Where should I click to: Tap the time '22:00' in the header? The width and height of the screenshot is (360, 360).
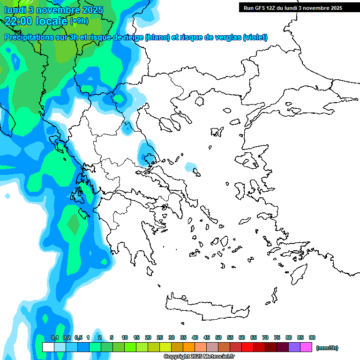tap(20, 21)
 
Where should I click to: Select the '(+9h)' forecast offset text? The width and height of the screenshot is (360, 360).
tap(79, 21)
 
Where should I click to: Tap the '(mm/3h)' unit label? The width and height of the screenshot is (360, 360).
tap(327, 348)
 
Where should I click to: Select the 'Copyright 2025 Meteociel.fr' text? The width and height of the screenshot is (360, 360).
tap(199, 357)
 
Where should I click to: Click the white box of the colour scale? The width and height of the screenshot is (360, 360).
tap(48, 347)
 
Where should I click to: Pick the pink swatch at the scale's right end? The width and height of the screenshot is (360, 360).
tap(306, 347)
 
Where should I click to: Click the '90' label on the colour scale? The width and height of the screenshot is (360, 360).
tap(312, 337)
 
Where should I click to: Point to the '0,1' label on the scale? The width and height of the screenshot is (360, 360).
tap(54, 337)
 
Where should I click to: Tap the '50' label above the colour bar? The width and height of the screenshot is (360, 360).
tap(218, 337)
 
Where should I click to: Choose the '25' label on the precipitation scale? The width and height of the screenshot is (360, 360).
tap(160, 337)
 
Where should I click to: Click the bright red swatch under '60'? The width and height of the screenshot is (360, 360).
tap(247, 347)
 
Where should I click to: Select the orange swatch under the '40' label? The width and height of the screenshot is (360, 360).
tap(189, 347)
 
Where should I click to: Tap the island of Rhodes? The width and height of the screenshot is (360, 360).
tap(298, 274)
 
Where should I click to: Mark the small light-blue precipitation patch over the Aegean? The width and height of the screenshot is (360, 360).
tap(190, 166)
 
